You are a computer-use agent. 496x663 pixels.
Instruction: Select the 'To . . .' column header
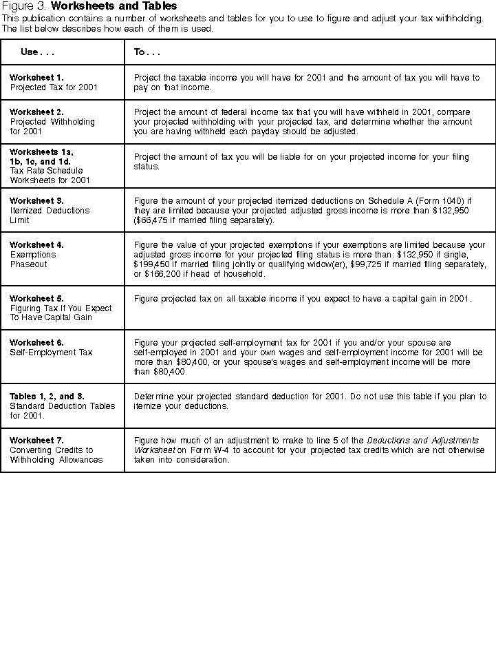[147, 52]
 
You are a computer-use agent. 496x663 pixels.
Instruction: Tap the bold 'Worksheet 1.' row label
[36, 78]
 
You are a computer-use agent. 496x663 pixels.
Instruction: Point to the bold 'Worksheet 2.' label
[36, 112]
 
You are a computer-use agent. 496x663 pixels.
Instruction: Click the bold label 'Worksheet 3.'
[36, 200]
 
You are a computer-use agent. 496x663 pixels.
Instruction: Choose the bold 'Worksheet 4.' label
[36, 244]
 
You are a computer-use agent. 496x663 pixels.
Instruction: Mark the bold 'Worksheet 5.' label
[36, 298]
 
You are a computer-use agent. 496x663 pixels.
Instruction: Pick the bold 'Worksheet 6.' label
[36, 342]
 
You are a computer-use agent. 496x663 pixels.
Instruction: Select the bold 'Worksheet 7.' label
[36, 440]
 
